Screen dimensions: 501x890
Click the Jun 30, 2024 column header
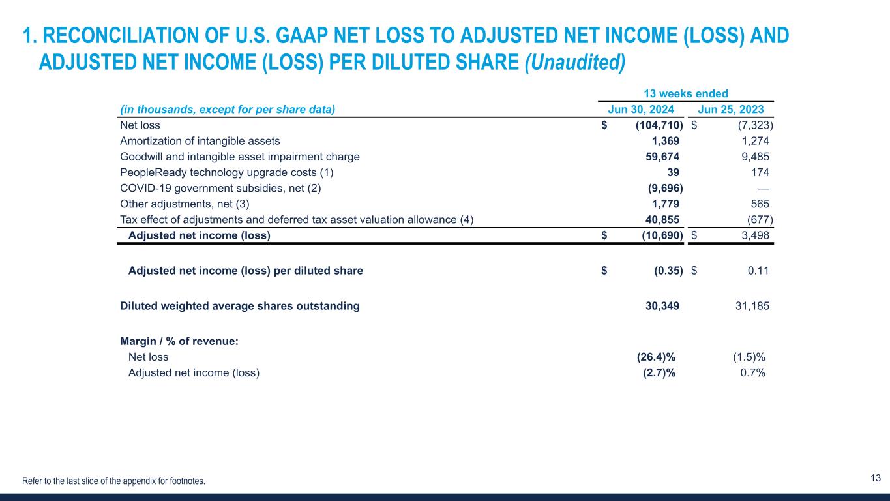tap(641, 110)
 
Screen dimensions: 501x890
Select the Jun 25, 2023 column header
tap(730, 110)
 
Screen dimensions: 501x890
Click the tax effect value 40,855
tap(658, 220)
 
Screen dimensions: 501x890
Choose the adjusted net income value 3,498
tap(754, 235)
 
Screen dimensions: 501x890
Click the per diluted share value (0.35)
tap(668, 271)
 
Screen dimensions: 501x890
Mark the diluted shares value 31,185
tap(752, 306)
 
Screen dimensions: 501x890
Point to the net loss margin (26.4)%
tap(656, 357)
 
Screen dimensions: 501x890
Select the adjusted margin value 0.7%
tap(752, 373)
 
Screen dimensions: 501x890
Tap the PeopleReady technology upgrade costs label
tap(226, 173)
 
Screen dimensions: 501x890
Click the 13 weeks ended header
tap(685, 94)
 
